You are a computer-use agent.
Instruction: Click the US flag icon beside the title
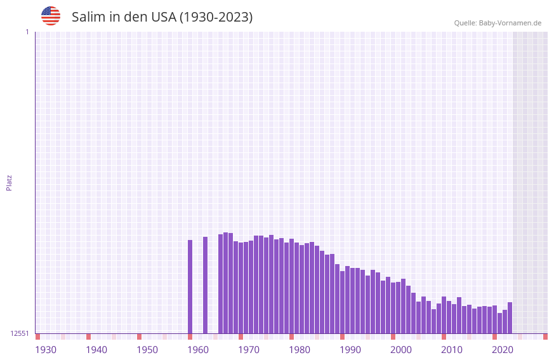click(51, 16)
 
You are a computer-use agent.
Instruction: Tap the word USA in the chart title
click(164, 17)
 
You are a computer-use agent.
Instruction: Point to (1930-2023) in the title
click(216, 17)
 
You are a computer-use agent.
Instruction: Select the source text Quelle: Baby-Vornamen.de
click(498, 23)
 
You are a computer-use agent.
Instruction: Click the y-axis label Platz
click(9, 182)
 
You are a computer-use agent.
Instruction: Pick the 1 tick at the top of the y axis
click(27, 32)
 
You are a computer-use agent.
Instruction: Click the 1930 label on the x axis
click(46, 350)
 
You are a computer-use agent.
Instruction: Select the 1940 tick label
click(96, 350)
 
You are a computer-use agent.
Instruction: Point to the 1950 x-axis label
click(147, 350)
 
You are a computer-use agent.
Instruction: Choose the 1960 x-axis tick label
click(198, 350)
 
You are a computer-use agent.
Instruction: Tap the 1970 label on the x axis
click(249, 350)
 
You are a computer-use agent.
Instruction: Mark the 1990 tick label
click(350, 350)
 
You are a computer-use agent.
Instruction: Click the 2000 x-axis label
click(401, 350)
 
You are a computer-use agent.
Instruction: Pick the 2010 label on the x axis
click(452, 350)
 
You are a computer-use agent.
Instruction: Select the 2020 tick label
click(503, 350)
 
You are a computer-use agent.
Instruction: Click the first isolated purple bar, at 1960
click(190, 286)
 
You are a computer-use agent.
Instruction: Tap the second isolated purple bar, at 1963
click(205, 285)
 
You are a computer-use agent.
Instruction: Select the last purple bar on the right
click(510, 317)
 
